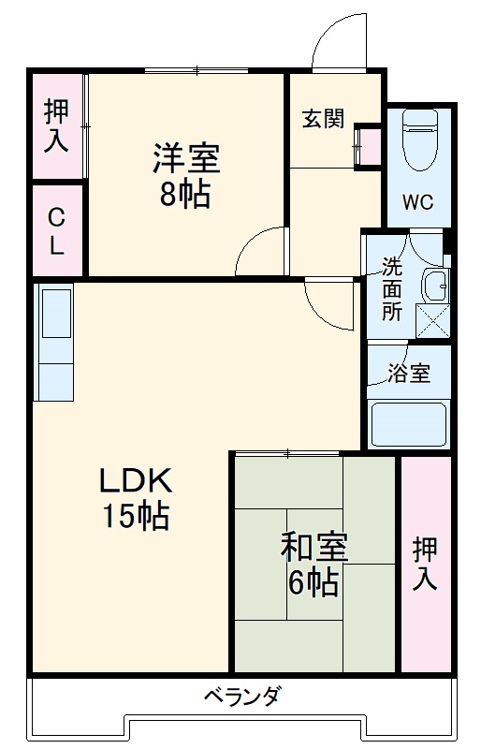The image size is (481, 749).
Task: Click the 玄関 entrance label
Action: (323, 119)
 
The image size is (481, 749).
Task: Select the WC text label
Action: (417, 202)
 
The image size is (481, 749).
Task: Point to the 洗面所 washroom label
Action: (392, 287)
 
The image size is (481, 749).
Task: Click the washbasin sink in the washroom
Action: (432, 283)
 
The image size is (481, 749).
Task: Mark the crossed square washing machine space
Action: (431, 318)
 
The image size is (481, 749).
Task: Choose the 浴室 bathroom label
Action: (409, 373)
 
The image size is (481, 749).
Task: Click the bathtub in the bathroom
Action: (408, 422)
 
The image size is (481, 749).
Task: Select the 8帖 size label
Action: (184, 195)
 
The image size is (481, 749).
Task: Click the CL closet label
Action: (57, 232)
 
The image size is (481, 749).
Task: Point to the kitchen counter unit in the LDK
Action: (54, 342)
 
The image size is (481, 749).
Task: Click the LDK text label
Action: (136, 481)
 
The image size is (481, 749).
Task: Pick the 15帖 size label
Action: (137, 514)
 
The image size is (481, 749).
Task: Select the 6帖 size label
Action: (313, 582)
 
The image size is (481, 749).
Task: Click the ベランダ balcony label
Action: (242, 696)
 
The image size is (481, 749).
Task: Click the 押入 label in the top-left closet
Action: (56, 126)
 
